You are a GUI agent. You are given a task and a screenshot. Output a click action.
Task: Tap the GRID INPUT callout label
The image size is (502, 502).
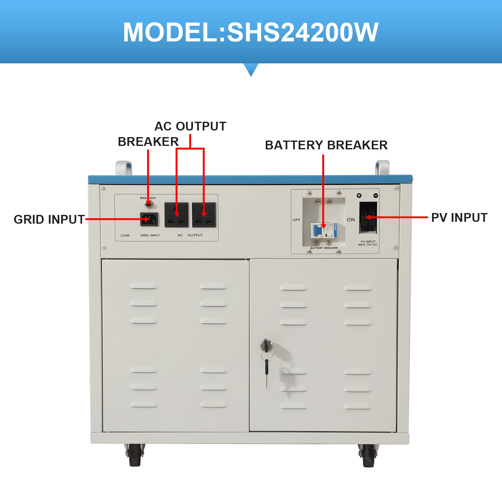pyautogui.click(x=49, y=219)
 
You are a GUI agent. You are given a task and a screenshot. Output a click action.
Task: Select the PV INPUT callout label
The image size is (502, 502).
pyautogui.click(x=459, y=217)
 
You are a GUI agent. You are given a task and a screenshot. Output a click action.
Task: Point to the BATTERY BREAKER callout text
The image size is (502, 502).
pyautogui.click(x=326, y=145)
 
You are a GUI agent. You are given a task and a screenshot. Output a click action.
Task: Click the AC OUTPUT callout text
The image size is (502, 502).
pyautogui.click(x=190, y=126)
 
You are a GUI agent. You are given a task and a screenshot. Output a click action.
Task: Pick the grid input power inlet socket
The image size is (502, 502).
pyautogui.click(x=149, y=219)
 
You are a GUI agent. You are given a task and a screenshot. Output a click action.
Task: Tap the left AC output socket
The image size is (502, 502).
pyautogui.click(x=176, y=215)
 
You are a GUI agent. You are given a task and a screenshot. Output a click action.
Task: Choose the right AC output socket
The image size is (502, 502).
pyautogui.click(x=204, y=215)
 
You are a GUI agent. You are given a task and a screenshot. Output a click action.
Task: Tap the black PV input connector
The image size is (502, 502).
pyautogui.click(x=368, y=217)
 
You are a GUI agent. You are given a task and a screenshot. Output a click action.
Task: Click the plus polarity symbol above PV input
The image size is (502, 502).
pyautogui.click(x=359, y=195)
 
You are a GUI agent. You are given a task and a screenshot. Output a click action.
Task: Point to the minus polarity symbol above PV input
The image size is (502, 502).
pyautogui.click(x=376, y=195)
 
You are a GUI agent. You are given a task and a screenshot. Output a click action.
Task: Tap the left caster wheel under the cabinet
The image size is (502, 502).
pyautogui.click(x=135, y=455)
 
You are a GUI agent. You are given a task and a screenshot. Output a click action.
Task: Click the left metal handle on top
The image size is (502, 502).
pyautogui.click(x=124, y=168)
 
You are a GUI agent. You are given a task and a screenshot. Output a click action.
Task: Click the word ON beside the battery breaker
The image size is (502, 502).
pyautogui.click(x=351, y=220)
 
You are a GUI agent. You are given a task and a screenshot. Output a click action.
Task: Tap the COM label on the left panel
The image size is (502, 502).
pyautogui.click(x=125, y=235)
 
